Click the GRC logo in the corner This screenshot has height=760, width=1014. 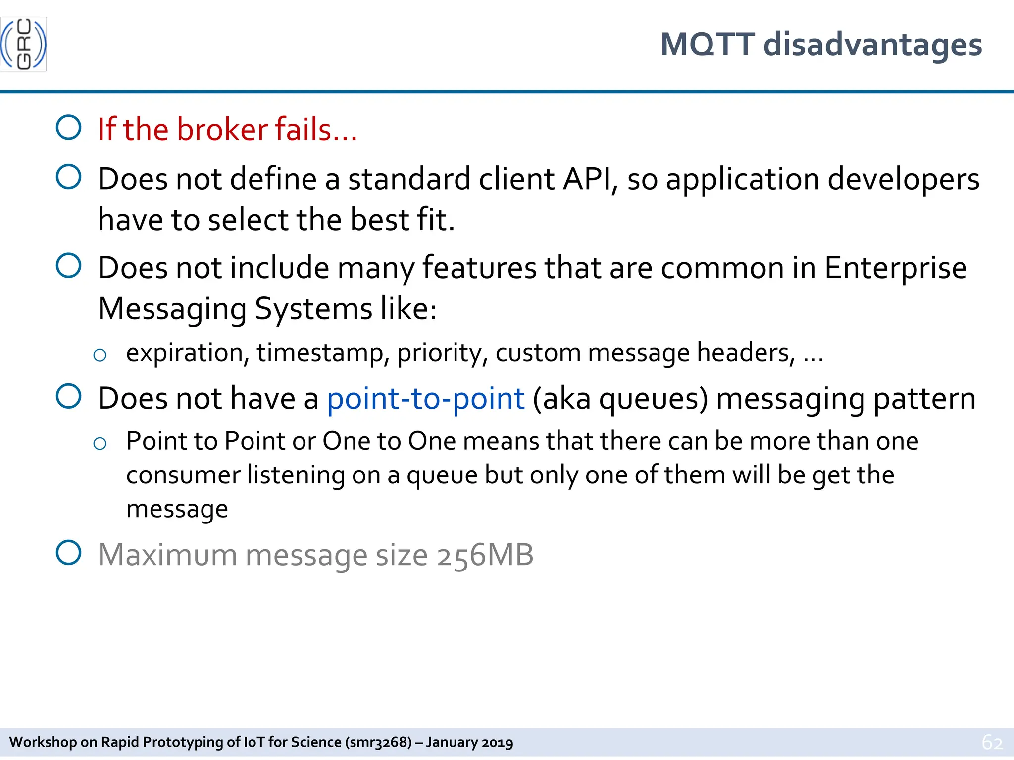(23, 44)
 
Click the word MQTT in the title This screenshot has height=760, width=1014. (708, 45)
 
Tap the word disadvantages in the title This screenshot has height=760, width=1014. (872, 45)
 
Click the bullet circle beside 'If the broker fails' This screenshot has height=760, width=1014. (69, 128)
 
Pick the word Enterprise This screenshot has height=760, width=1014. (895, 268)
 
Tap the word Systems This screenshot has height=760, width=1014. (313, 309)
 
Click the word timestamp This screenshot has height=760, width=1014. (320, 353)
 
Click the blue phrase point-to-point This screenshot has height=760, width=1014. (425, 399)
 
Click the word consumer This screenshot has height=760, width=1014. (183, 475)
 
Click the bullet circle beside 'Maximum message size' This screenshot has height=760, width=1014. (69, 553)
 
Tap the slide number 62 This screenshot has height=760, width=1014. (992, 742)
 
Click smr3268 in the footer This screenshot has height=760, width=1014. (378, 742)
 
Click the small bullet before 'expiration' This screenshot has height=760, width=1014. (100, 355)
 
